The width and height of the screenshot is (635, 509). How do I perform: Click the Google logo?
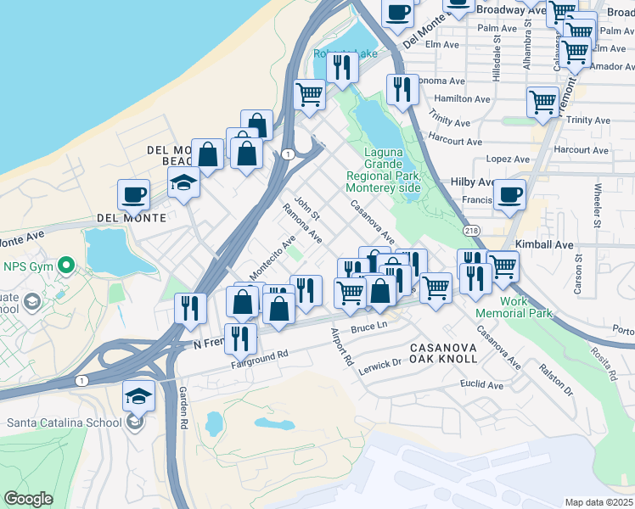point(28,499)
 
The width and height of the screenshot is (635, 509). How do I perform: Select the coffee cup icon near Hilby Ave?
point(509,195)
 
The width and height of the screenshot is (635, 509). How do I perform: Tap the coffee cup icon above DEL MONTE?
point(133,195)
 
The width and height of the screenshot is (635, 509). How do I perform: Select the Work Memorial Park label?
point(514,307)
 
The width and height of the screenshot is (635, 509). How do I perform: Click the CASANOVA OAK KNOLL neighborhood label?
point(443,353)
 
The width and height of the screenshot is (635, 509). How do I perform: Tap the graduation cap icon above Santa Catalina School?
point(139,395)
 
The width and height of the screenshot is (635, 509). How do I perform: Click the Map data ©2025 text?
point(598,502)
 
